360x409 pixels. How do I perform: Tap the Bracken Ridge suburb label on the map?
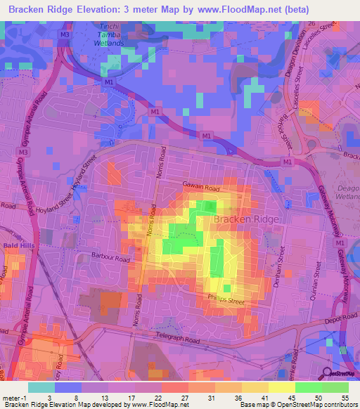(246, 219)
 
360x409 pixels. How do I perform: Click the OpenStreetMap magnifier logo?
(326, 373)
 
